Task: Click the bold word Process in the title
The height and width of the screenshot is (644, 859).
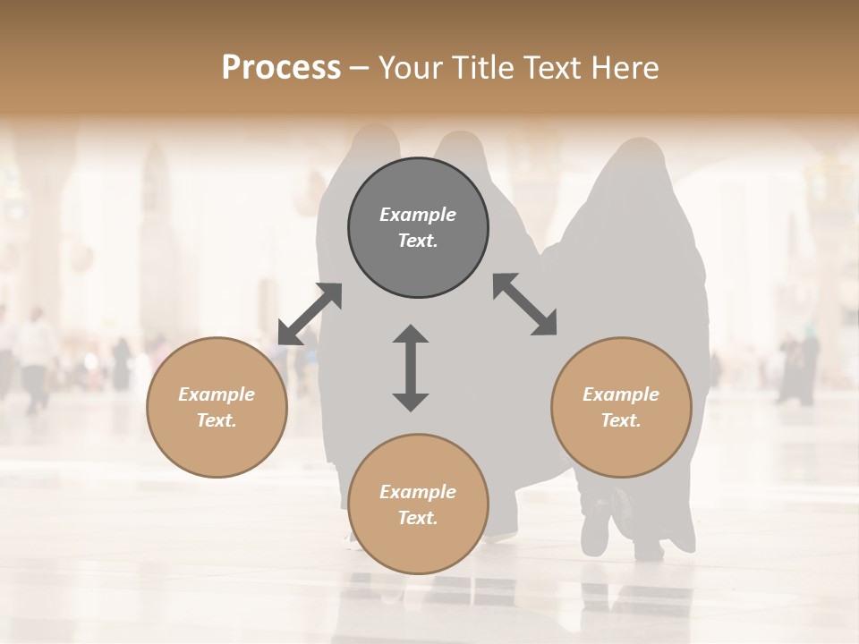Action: click(281, 68)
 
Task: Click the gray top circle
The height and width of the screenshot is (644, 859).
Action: click(418, 227)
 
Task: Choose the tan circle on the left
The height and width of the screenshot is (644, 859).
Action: click(217, 407)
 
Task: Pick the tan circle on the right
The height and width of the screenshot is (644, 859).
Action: click(621, 407)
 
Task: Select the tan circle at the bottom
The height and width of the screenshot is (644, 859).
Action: click(418, 504)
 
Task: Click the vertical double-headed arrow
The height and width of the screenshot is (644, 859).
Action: click(411, 369)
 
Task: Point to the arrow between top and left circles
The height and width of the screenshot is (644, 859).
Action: click(310, 314)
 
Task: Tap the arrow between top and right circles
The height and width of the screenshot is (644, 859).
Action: click(524, 304)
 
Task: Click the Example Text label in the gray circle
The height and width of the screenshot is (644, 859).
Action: click(418, 227)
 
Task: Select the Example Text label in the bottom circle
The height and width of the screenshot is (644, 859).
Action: click(418, 504)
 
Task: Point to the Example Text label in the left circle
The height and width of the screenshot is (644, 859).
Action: click(217, 407)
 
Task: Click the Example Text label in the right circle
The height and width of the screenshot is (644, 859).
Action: click(621, 407)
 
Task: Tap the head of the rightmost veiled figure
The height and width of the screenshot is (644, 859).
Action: click(641, 161)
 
